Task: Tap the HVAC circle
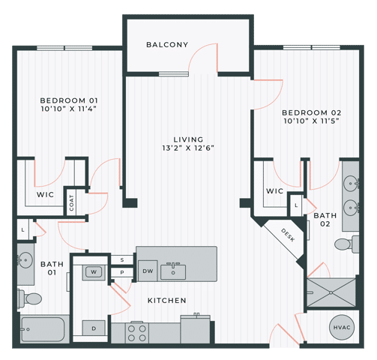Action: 342,327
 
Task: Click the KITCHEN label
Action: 166,301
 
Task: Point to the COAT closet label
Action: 71,202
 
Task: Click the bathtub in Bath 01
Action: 42,328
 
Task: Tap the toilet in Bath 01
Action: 31,298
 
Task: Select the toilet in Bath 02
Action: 344,244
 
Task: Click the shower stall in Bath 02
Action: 331,291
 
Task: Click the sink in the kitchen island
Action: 176,271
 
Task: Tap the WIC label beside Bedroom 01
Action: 46,194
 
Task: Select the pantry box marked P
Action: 122,272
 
